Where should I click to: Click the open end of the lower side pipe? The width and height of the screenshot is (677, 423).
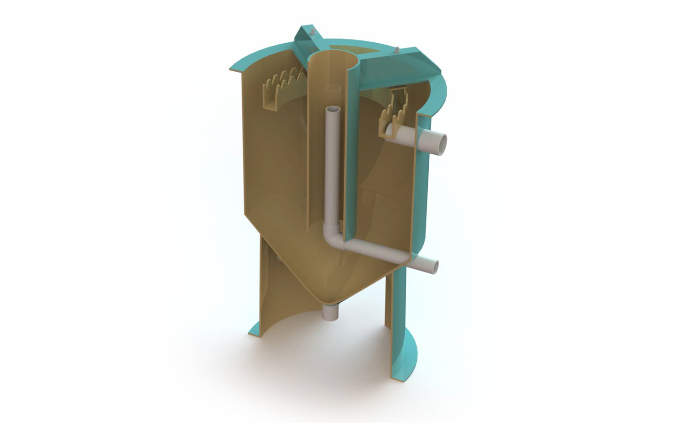(x=435, y=266)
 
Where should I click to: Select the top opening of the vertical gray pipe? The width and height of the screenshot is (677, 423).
(x=334, y=110)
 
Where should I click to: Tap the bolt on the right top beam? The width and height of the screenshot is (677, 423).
(x=398, y=49)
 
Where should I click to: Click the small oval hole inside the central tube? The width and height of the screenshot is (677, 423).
(x=333, y=88)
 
